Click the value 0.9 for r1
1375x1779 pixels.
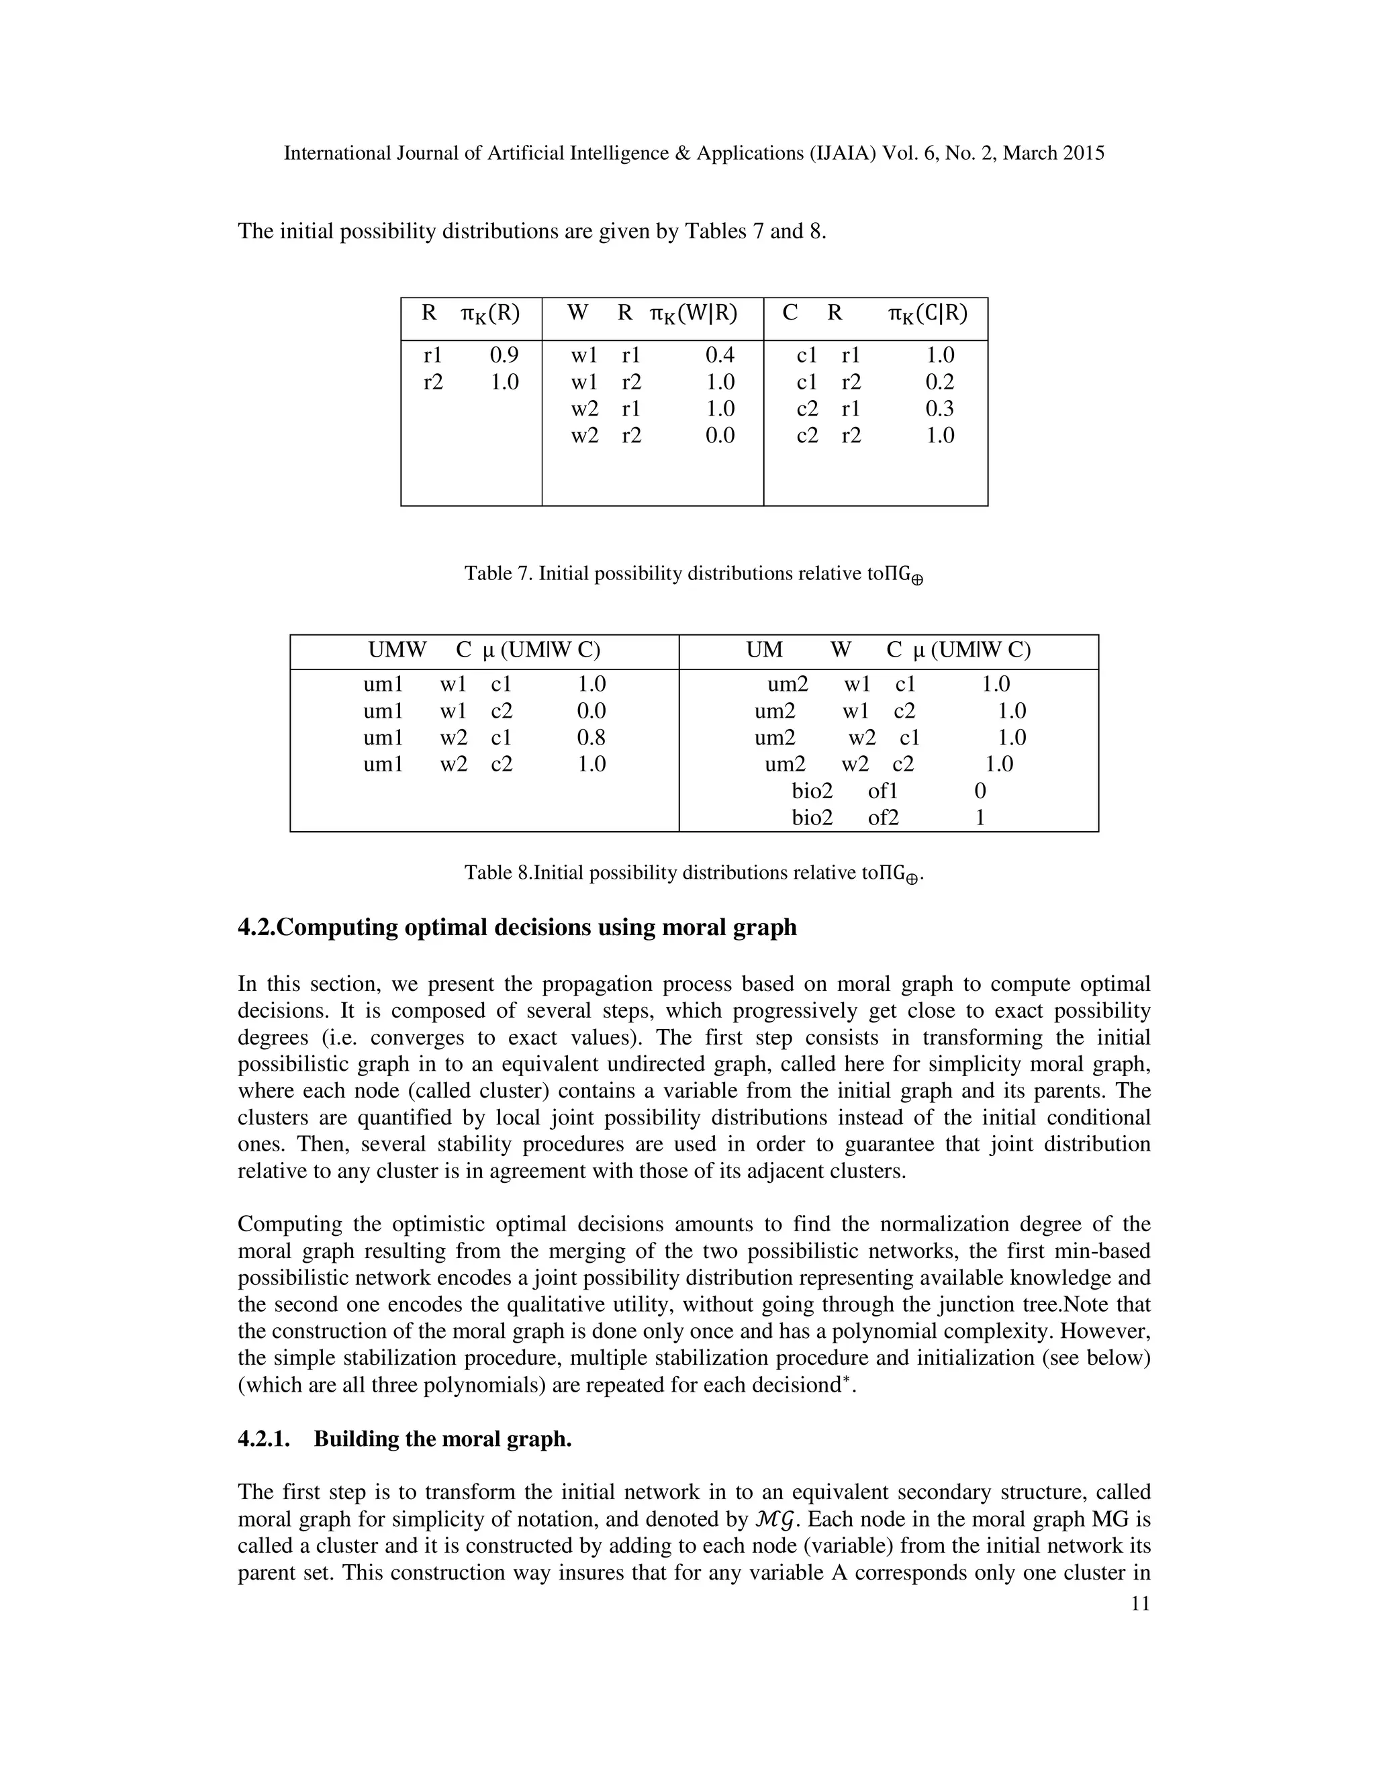pos(504,355)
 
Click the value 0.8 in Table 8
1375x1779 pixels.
pos(591,738)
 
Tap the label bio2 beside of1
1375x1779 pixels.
pos(812,791)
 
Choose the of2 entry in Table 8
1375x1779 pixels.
pos(883,818)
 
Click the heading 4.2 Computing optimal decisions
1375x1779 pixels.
pos(516,927)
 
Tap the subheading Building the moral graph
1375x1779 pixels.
pos(442,1439)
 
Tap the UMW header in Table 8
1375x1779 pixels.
pos(397,650)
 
